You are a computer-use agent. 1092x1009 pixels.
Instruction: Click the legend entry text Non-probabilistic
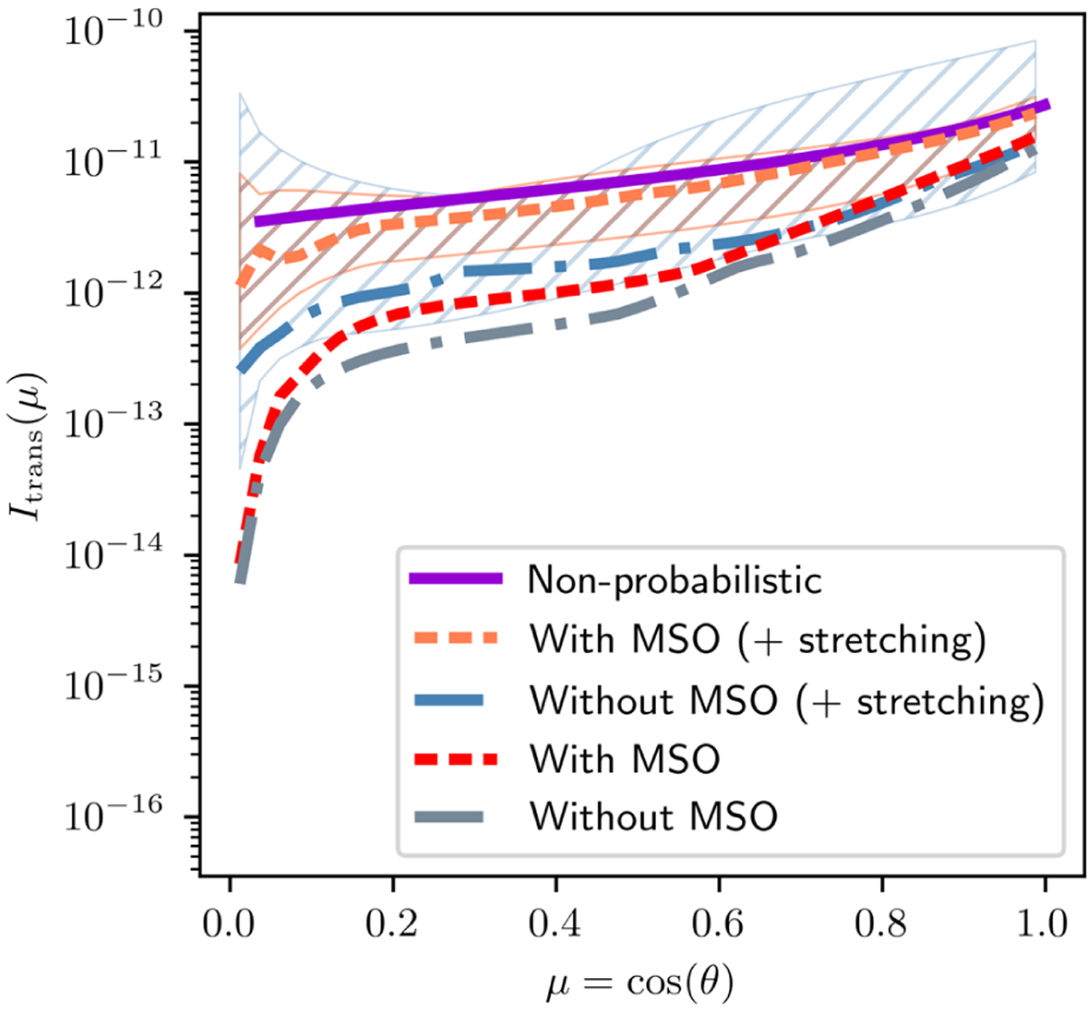(x=675, y=579)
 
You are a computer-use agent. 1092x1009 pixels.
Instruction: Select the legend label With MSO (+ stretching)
(x=758, y=639)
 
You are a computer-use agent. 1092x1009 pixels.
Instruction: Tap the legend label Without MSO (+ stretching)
(x=786, y=699)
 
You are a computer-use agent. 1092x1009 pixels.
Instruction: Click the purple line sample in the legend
(x=455, y=579)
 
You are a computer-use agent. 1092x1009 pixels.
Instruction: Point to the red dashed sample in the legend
(x=455, y=759)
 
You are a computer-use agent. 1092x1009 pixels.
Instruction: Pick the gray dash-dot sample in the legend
(x=455, y=817)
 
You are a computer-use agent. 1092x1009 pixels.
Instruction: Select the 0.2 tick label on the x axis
(x=392, y=923)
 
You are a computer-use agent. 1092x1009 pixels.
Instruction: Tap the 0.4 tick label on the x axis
(x=556, y=923)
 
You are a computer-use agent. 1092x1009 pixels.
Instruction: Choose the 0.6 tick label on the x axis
(x=719, y=923)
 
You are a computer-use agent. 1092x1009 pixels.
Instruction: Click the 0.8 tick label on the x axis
(x=882, y=923)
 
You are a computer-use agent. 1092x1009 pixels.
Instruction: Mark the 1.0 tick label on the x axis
(x=1045, y=923)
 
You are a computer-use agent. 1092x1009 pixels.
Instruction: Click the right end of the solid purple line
(x=1047, y=105)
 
